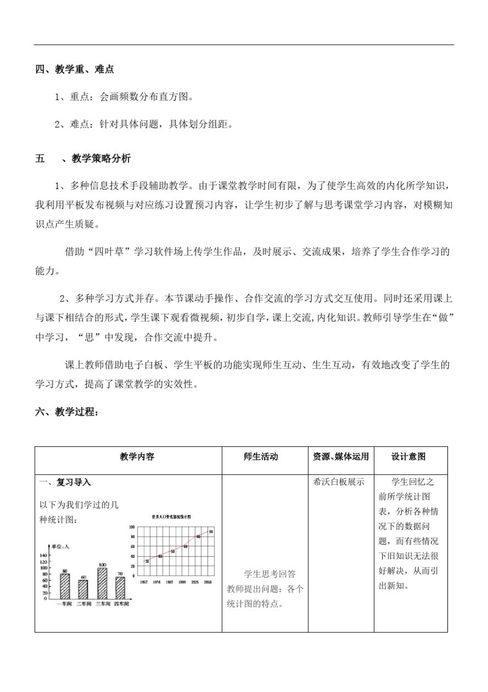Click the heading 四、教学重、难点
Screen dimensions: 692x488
74,69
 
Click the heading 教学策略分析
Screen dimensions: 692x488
101,159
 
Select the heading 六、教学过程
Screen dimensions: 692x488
67,412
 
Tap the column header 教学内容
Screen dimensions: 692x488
137,457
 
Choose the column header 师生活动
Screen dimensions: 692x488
260,457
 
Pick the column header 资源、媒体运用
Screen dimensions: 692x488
341,457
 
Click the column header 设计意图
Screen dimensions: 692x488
408,457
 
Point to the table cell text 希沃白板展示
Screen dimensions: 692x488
339,482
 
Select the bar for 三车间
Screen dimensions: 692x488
102,584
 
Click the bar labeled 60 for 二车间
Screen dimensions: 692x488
83,589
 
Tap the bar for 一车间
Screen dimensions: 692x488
65,587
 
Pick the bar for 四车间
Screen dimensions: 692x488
120,588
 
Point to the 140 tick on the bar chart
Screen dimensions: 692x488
43,556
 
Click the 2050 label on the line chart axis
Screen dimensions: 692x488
208,582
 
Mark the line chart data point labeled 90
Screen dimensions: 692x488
211,532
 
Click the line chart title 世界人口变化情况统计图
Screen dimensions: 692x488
171,517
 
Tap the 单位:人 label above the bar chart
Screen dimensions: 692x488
60,547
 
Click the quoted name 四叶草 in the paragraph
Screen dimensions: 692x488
109,252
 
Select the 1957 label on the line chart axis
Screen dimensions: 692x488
144,582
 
